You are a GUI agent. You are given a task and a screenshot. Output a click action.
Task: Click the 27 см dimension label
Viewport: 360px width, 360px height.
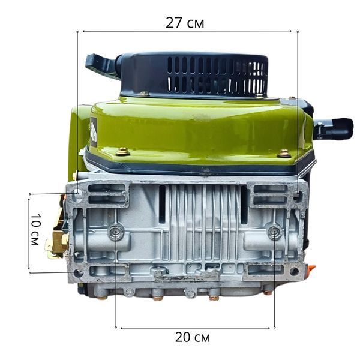coord(185,23)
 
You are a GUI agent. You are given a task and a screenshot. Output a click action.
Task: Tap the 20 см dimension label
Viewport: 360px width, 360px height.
coord(193,337)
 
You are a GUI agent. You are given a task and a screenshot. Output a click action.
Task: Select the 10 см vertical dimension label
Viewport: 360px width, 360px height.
coord(35,230)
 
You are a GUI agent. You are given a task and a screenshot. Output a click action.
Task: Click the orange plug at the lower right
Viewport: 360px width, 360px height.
coord(311,268)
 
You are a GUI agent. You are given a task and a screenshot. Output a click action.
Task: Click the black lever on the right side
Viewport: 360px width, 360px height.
coord(334,129)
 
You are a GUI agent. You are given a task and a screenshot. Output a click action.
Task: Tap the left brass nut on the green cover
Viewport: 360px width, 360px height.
coord(122,152)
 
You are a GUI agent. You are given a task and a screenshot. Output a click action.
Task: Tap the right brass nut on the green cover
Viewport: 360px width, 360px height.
coord(284,154)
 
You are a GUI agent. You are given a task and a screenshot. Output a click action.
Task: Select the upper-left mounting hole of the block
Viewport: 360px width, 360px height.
coord(78,192)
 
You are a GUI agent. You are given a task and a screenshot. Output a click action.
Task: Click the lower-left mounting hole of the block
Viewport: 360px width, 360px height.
coord(78,273)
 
